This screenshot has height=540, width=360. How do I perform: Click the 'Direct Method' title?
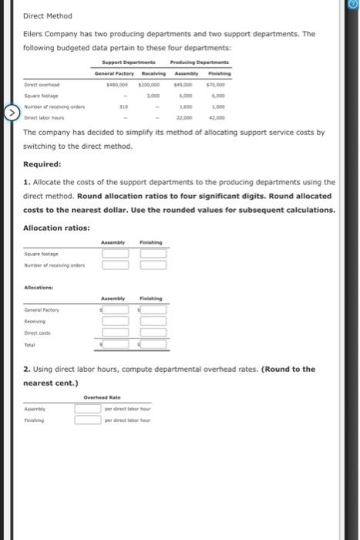(x=47, y=15)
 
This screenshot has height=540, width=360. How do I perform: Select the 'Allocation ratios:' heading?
(x=56, y=228)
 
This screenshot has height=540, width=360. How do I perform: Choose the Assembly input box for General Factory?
(x=116, y=311)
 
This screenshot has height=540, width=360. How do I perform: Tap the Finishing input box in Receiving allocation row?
(x=153, y=322)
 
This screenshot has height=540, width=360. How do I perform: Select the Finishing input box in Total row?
(x=153, y=347)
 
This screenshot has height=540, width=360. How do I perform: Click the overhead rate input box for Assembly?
(x=89, y=410)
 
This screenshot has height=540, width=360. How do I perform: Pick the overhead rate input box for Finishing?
(x=89, y=420)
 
